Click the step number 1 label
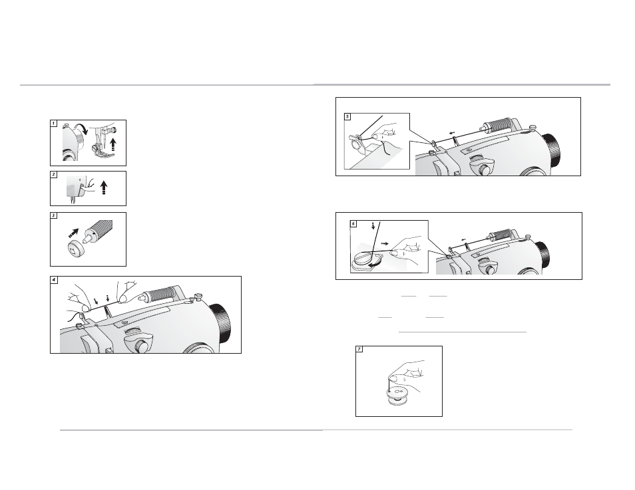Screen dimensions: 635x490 tap(54, 124)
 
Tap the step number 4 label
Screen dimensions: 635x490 tap(54, 280)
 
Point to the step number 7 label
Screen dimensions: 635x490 tap(359, 350)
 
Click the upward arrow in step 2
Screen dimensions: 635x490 tap(104, 187)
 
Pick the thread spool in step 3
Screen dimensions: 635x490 tap(98, 230)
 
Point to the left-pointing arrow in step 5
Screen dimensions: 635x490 tap(453, 132)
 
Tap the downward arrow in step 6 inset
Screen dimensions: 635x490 tap(373, 225)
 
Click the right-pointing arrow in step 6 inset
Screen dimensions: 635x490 tap(385, 243)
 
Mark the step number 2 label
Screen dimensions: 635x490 tap(54, 174)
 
